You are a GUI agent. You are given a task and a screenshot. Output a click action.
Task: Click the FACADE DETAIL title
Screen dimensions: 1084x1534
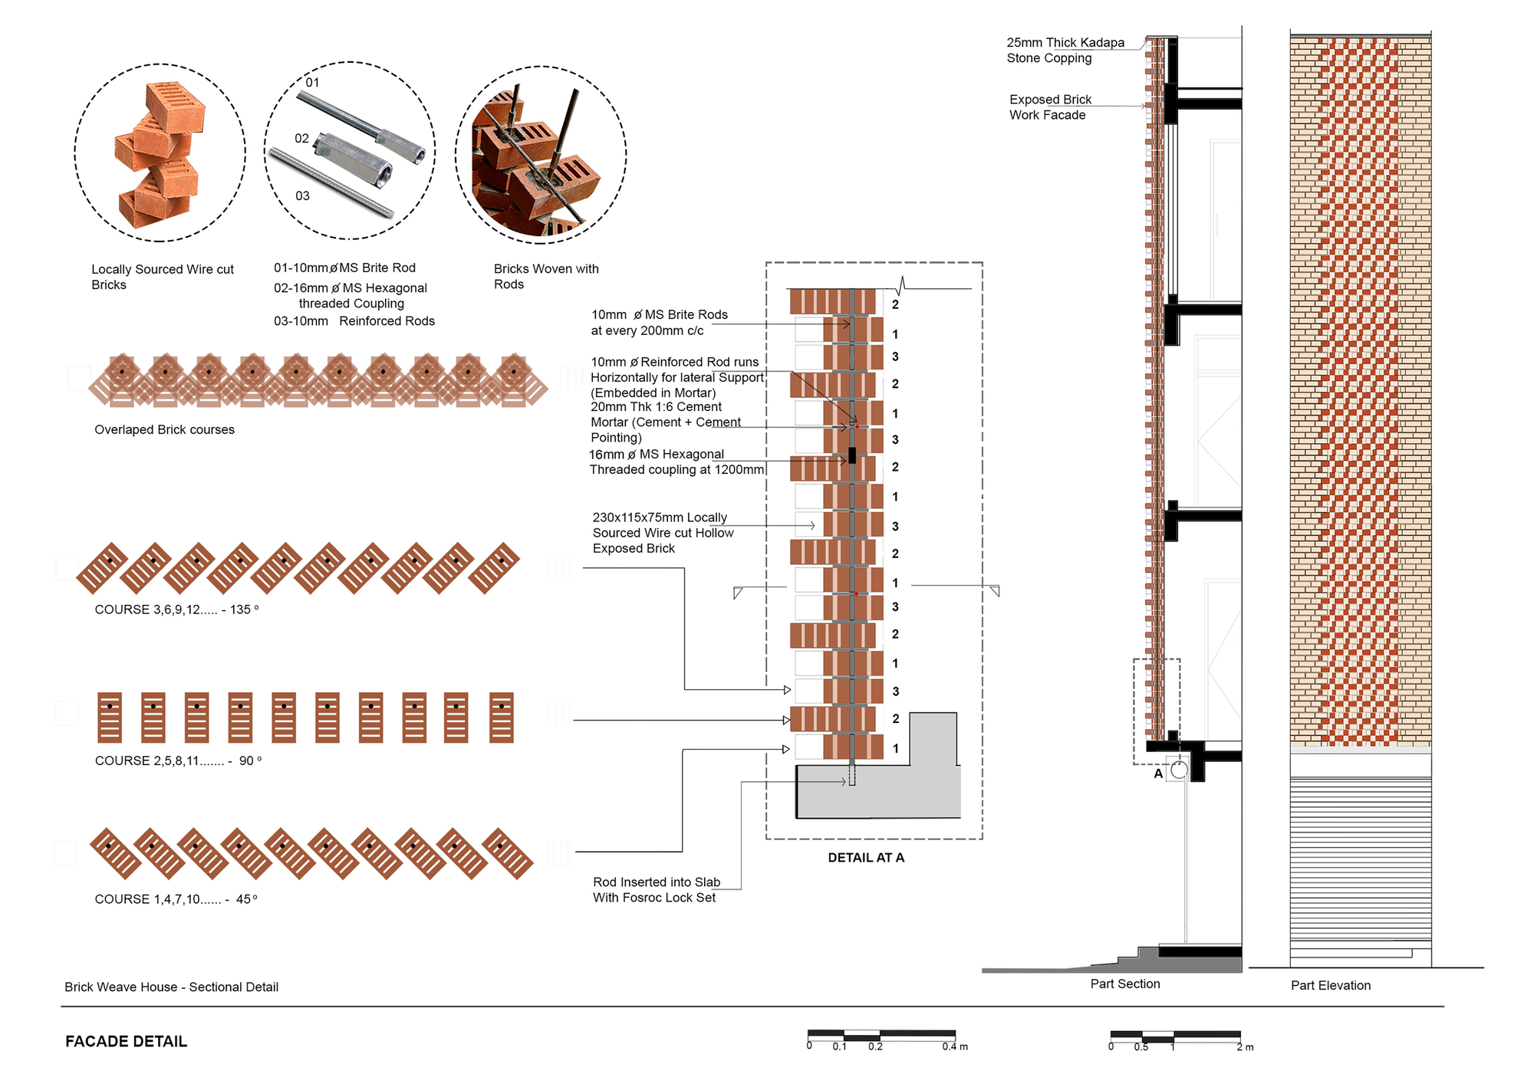pyautogui.click(x=126, y=1041)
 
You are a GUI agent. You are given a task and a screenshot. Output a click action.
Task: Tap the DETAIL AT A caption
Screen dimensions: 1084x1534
pyautogui.click(x=866, y=858)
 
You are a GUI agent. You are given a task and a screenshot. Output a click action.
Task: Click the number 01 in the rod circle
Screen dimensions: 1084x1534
pyautogui.click(x=312, y=83)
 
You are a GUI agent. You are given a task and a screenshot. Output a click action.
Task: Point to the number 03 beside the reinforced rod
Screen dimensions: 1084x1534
pyautogui.click(x=302, y=196)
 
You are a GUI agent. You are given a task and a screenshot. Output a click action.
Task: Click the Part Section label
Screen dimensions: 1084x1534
pyautogui.click(x=1125, y=984)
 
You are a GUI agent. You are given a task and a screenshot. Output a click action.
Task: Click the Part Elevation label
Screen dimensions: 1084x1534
pyautogui.click(x=1330, y=985)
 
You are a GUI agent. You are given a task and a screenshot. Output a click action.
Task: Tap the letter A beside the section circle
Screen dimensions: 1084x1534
pyautogui.click(x=1158, y=774)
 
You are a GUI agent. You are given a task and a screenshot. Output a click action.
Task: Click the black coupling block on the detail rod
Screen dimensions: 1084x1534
pyautogui.click(x=852, y=455)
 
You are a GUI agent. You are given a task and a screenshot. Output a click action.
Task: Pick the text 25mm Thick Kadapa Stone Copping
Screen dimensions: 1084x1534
pyautogui.click(x=1065, y=51)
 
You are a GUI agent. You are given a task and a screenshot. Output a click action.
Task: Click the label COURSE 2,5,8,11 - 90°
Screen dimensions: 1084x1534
pyautogui.click(x=178, y=760)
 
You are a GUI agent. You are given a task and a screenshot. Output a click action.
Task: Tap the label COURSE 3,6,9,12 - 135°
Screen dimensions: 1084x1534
pyautogui.click(x=176, y=609)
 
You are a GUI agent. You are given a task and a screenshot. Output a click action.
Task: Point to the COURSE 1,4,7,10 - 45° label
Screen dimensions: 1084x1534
pyautogui.click(x=176, y=899)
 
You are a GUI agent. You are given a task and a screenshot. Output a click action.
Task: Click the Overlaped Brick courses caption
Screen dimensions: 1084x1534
pyautogui.click(x=164, y=429)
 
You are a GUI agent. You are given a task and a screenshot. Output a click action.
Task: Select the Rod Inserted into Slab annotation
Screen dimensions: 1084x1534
pyautogui.click(x=656, y=890)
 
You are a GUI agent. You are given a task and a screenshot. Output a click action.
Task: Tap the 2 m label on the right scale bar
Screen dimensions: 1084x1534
pyautogui.click(x=1244, y=1046)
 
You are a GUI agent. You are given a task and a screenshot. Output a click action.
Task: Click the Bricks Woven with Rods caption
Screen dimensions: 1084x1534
pyautogui.click(x=545, y=276)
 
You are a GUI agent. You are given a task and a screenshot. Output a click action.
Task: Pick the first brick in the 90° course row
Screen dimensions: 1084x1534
pyautogui.click(x=110, y=718)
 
